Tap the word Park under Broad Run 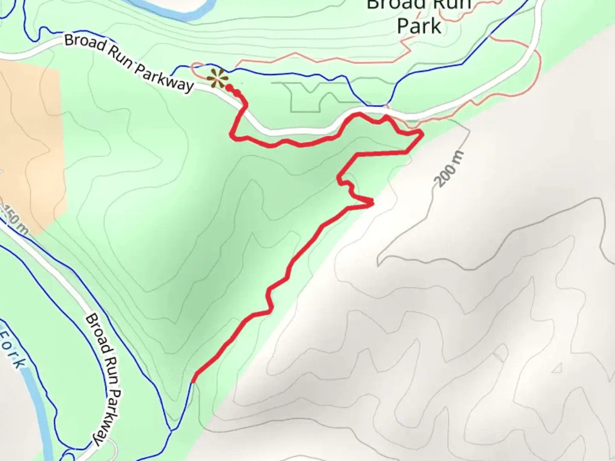pos(419,26)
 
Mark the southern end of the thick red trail pos(194,381)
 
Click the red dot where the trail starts pos(229,88)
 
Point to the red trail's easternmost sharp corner pos(422,134)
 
